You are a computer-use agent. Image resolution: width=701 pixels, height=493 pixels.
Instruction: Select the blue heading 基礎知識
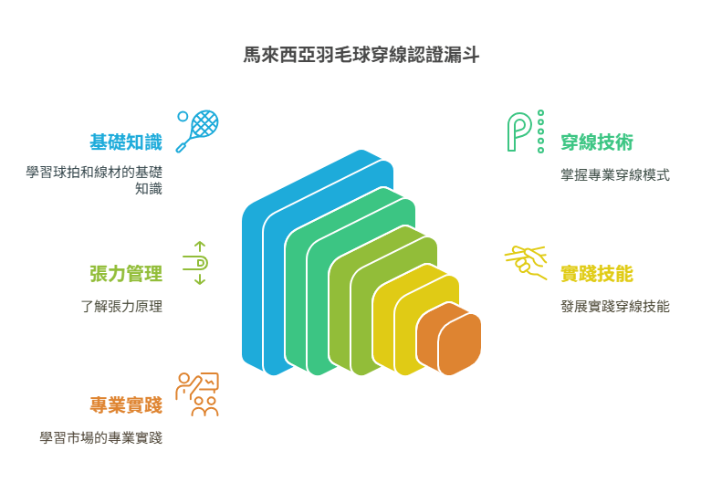point(125,142)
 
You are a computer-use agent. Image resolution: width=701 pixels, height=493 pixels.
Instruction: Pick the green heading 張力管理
point(125,274)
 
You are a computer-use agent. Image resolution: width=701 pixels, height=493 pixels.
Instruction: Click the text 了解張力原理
point(120,307)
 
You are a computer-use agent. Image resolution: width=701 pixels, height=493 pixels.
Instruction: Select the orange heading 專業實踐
point(125,404)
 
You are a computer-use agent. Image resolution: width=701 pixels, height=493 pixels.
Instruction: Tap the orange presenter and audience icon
point(198,393)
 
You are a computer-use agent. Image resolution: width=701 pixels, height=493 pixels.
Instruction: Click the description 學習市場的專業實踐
point(100,437)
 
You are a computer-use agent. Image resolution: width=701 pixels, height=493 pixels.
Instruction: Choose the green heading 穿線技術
point(597,142)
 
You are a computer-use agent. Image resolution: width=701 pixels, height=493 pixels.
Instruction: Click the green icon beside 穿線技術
point(525,131)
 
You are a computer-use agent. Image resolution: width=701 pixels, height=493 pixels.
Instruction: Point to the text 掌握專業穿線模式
point(615,175)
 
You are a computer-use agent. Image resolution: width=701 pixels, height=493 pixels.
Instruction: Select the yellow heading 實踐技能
point(597,274)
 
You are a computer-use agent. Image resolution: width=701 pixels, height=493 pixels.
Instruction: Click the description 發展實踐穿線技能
point(615,307)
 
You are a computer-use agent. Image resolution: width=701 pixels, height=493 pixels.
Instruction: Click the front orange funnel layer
point(460,344)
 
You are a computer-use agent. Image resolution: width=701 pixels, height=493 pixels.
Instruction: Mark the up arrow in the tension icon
point(200,246)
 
